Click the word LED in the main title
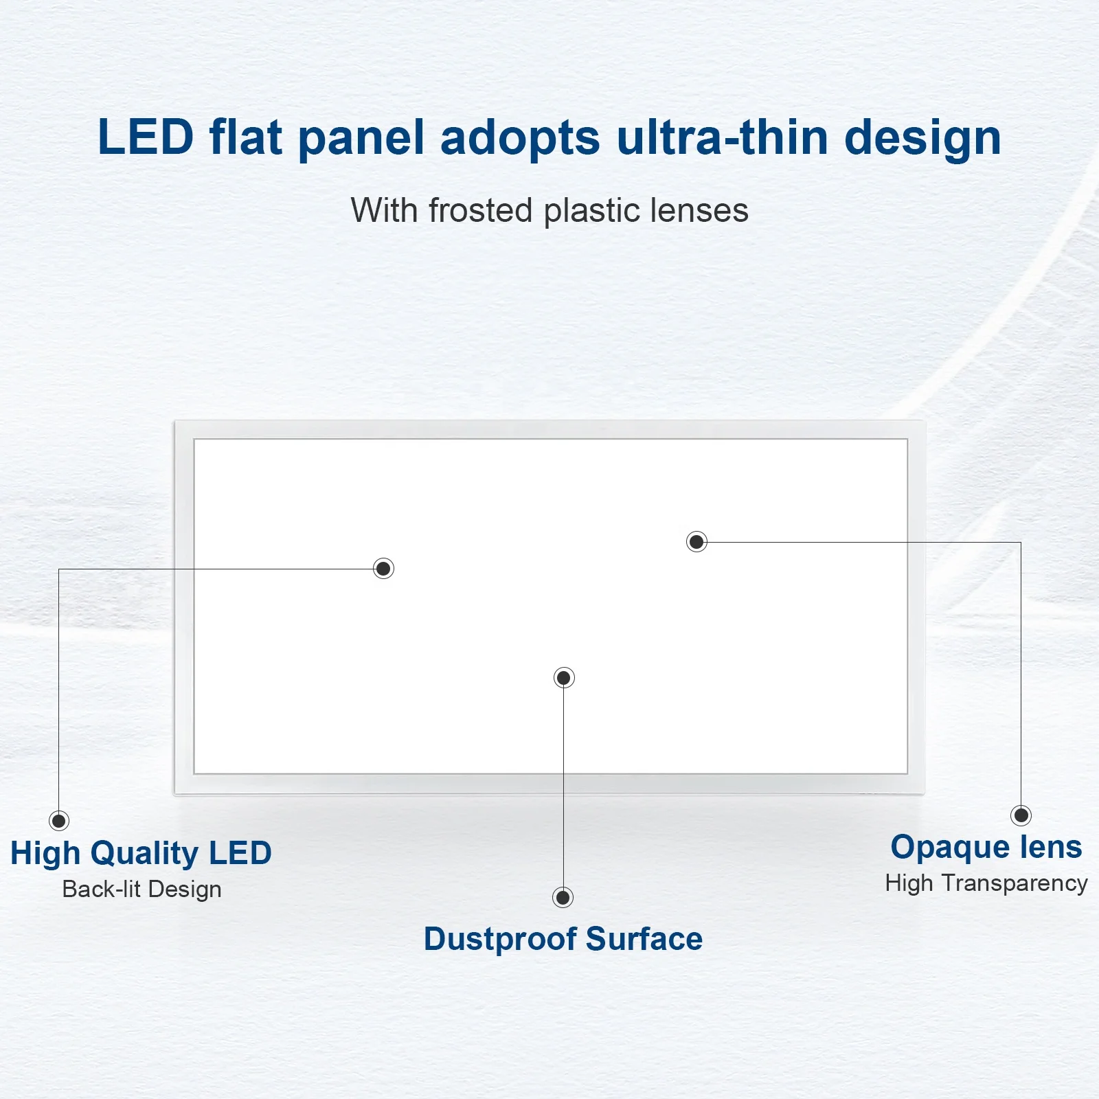pos(146,137)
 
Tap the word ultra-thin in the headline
pos(723,137)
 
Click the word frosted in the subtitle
pos(481,209)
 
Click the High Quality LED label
pos(141,853)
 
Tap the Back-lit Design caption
pos(142,890)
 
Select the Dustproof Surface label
pos(563,939)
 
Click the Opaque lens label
pos(986,847)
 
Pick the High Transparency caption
pos(986,883)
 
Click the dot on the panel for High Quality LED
pos(383,568)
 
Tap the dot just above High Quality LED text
pos(59,820)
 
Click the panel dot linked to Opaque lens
pos(696,541)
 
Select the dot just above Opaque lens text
pos(1021,815)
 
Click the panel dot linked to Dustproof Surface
pos(564,678)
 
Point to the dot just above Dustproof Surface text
pos(563,897)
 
